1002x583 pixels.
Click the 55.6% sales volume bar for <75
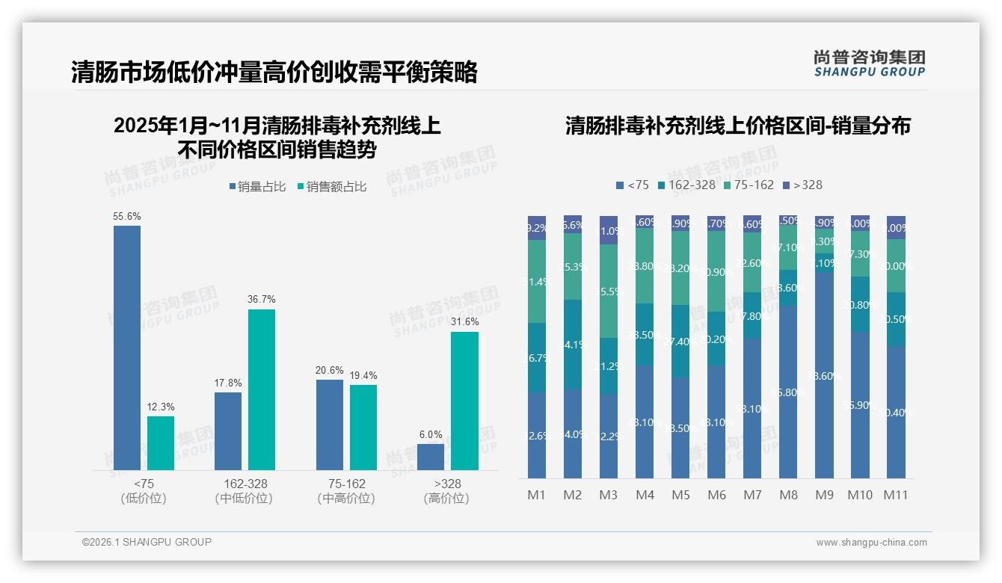127,348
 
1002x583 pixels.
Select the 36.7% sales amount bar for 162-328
262,389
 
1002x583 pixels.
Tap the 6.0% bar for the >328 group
431,457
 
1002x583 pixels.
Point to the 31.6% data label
464,321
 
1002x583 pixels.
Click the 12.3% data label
161,407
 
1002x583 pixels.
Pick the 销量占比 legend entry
257,187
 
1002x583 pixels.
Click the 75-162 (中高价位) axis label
346,491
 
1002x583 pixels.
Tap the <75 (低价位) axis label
143,491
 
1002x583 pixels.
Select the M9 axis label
824,495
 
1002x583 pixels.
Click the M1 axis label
537,495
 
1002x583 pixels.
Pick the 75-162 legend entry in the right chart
749,185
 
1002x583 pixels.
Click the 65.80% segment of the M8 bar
788,391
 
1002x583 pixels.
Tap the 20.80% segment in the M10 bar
860,304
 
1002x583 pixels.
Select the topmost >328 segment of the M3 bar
609,230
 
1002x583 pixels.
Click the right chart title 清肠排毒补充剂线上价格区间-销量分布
737,126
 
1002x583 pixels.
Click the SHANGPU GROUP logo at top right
869,63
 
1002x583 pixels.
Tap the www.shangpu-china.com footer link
871,543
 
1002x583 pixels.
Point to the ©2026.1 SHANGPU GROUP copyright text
147,542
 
